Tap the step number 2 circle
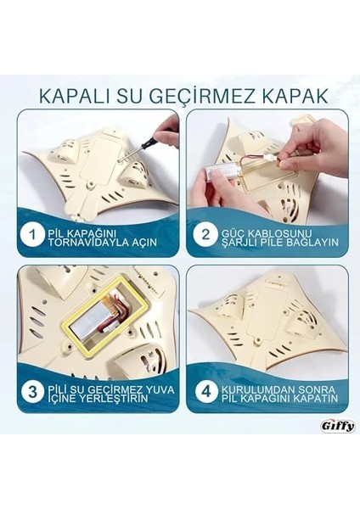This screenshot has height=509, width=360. pos(204,235)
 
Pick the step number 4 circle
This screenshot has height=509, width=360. pos(204,391)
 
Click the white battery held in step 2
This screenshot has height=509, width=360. pos(223,171)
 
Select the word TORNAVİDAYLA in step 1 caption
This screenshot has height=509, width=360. pos(87,241)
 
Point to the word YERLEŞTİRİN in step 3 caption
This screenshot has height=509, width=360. pos(107,397)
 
